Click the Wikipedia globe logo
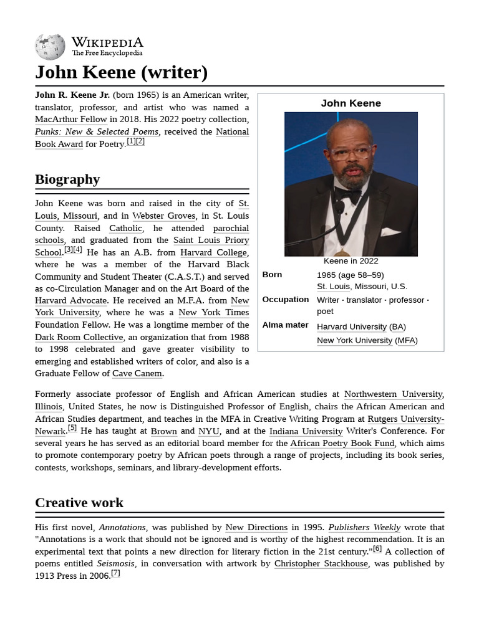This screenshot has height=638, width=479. point(50,47)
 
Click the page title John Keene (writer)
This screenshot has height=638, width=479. point(121,72)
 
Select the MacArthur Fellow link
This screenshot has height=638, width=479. point(71,119)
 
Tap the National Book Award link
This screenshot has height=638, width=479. point(232,131)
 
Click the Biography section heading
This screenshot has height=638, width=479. point(67,179)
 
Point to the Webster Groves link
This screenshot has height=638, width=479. point(163,216)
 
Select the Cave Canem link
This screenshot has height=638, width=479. point(137,373)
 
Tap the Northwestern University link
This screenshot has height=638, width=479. point(393,394)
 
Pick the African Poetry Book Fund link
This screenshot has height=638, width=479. point(342,443)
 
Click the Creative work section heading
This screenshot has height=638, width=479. point(79,503)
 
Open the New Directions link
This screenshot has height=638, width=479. point(256,527)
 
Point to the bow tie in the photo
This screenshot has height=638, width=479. point(348,195)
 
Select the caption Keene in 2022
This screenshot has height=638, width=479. point(351,261)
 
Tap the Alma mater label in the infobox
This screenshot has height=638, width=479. point(285,325)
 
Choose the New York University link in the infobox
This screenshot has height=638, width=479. point(354,340)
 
